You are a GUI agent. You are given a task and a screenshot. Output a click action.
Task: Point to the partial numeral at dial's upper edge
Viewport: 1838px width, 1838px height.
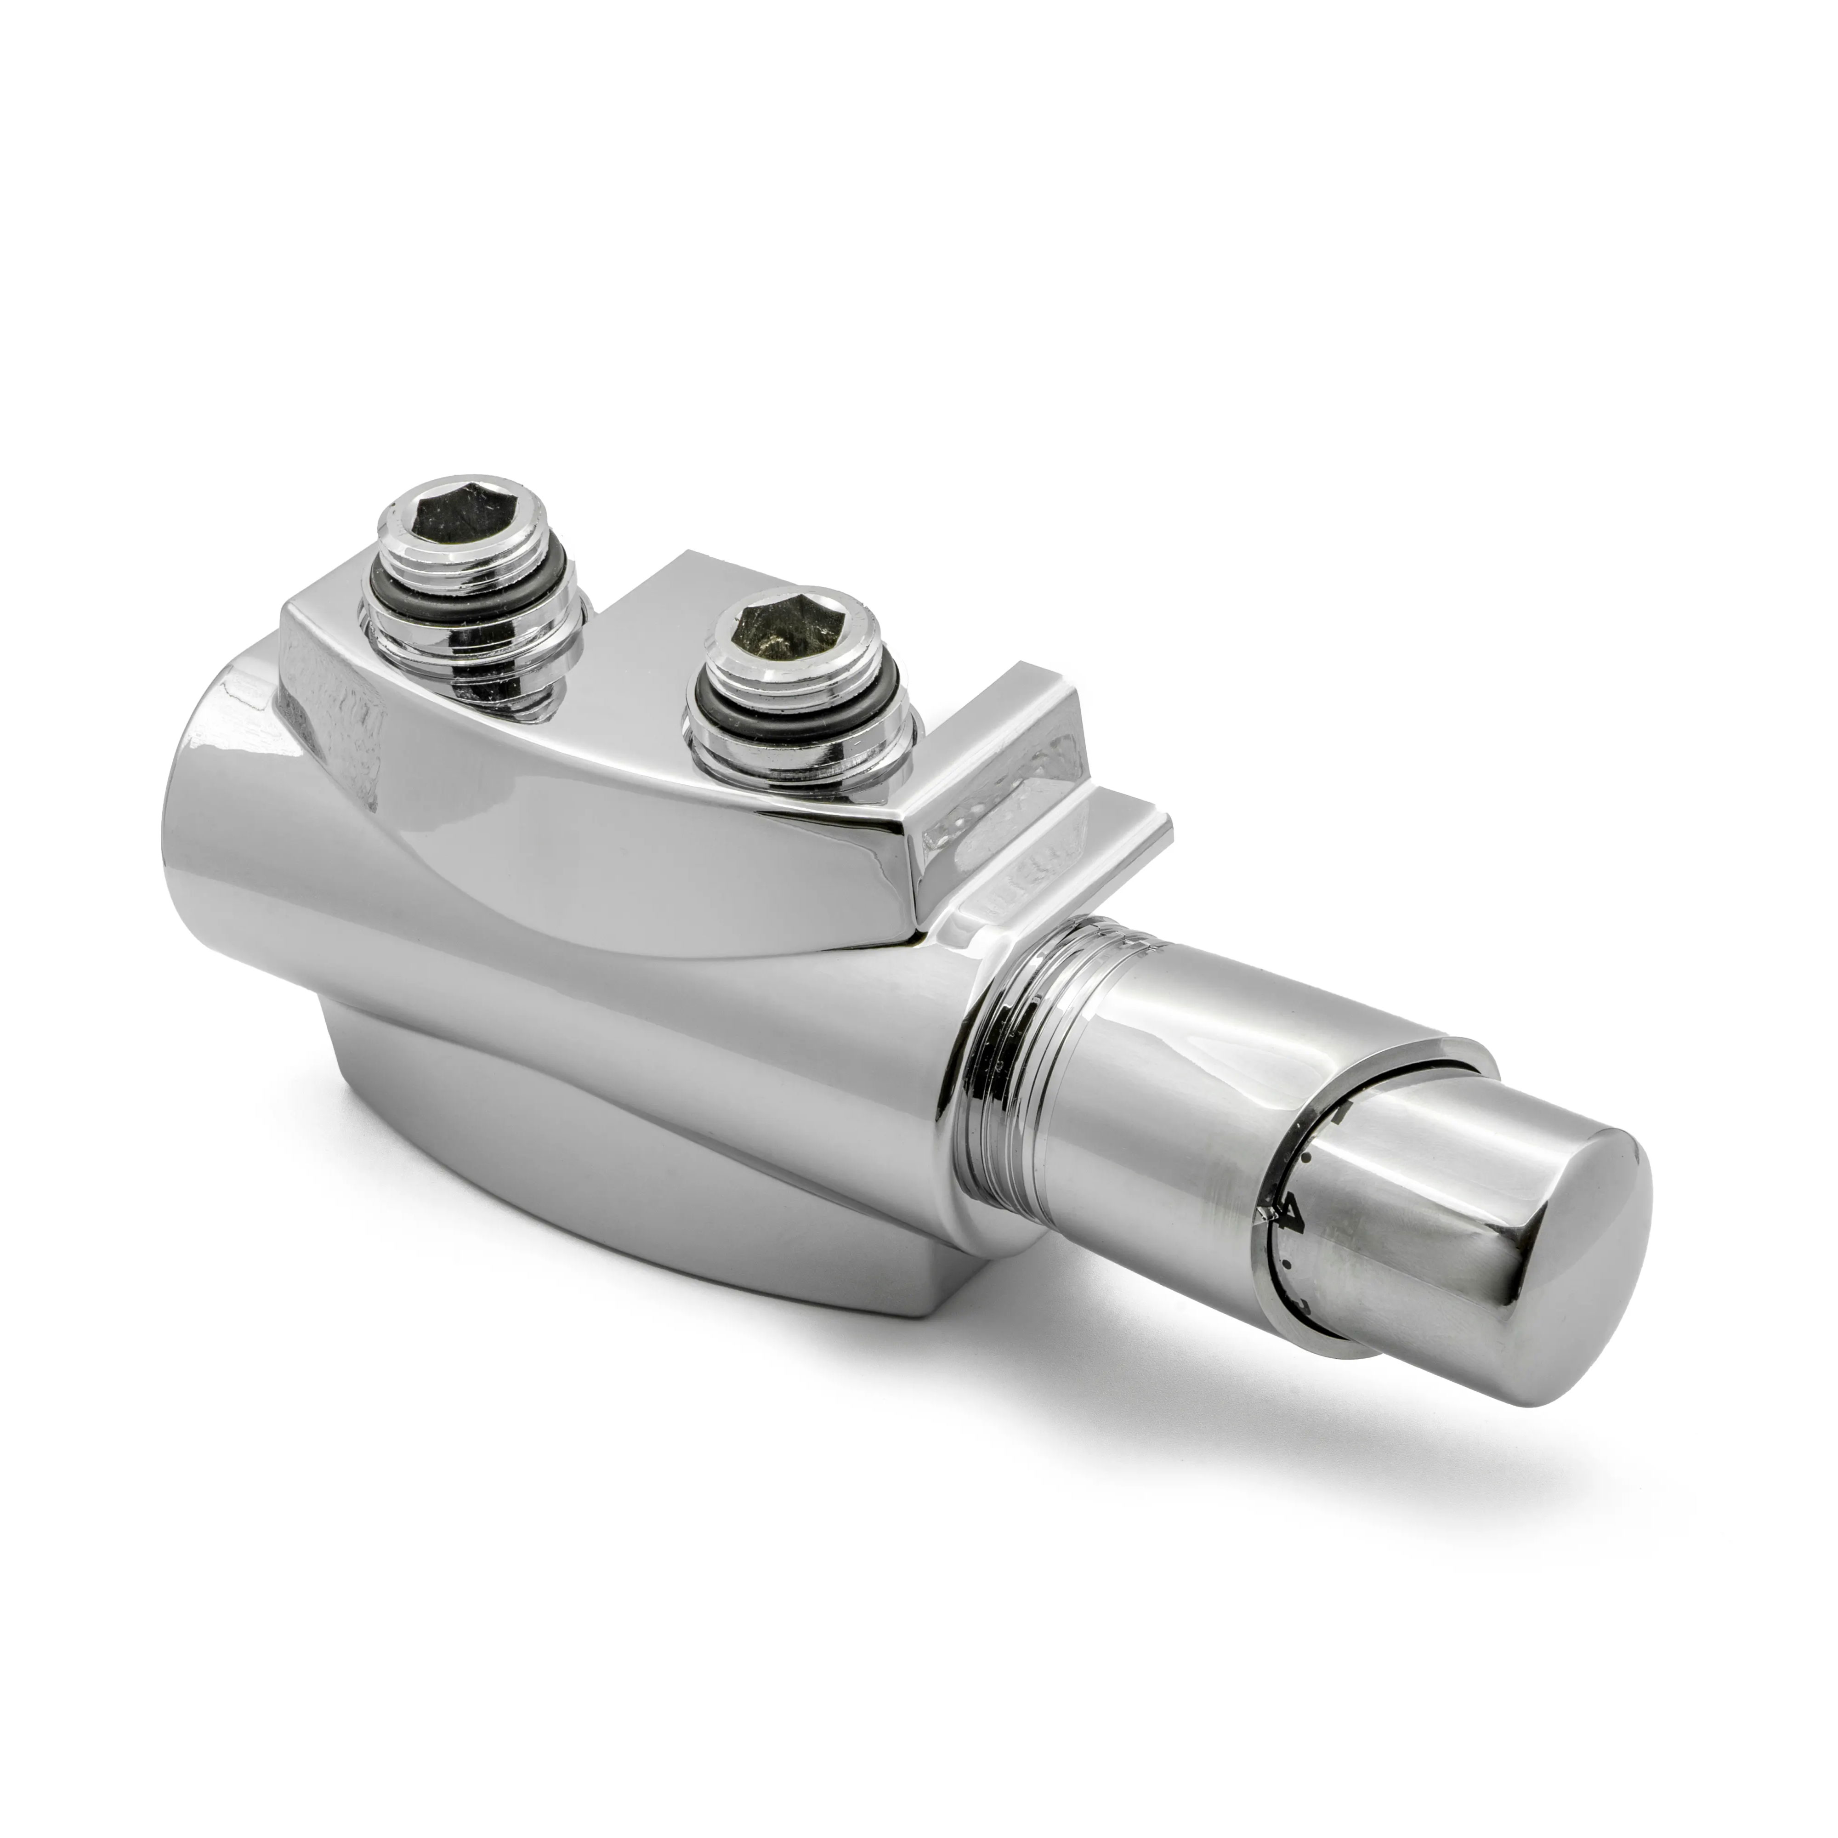point(1341,1113)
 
